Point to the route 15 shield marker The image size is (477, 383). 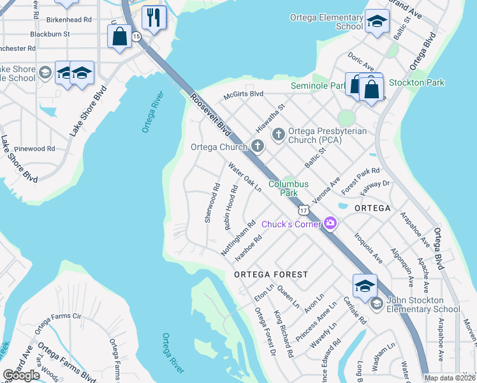[x=136, y=38]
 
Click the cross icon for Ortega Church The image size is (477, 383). [x=258, y=147]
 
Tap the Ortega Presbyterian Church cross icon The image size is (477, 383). [x=278, y=134]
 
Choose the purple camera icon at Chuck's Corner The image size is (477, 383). [x=330, y=223]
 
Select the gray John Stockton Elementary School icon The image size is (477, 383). [x=376, y=303]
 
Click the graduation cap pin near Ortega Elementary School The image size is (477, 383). [x=378, y=22]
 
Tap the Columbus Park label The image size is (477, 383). [x=288, y=188]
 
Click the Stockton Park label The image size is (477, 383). [x=416, y=82]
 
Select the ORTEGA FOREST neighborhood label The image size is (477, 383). [x=271, y=274]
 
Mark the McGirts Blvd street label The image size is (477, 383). [x=243, y=94]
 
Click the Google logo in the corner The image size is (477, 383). [x=21, y=375]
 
